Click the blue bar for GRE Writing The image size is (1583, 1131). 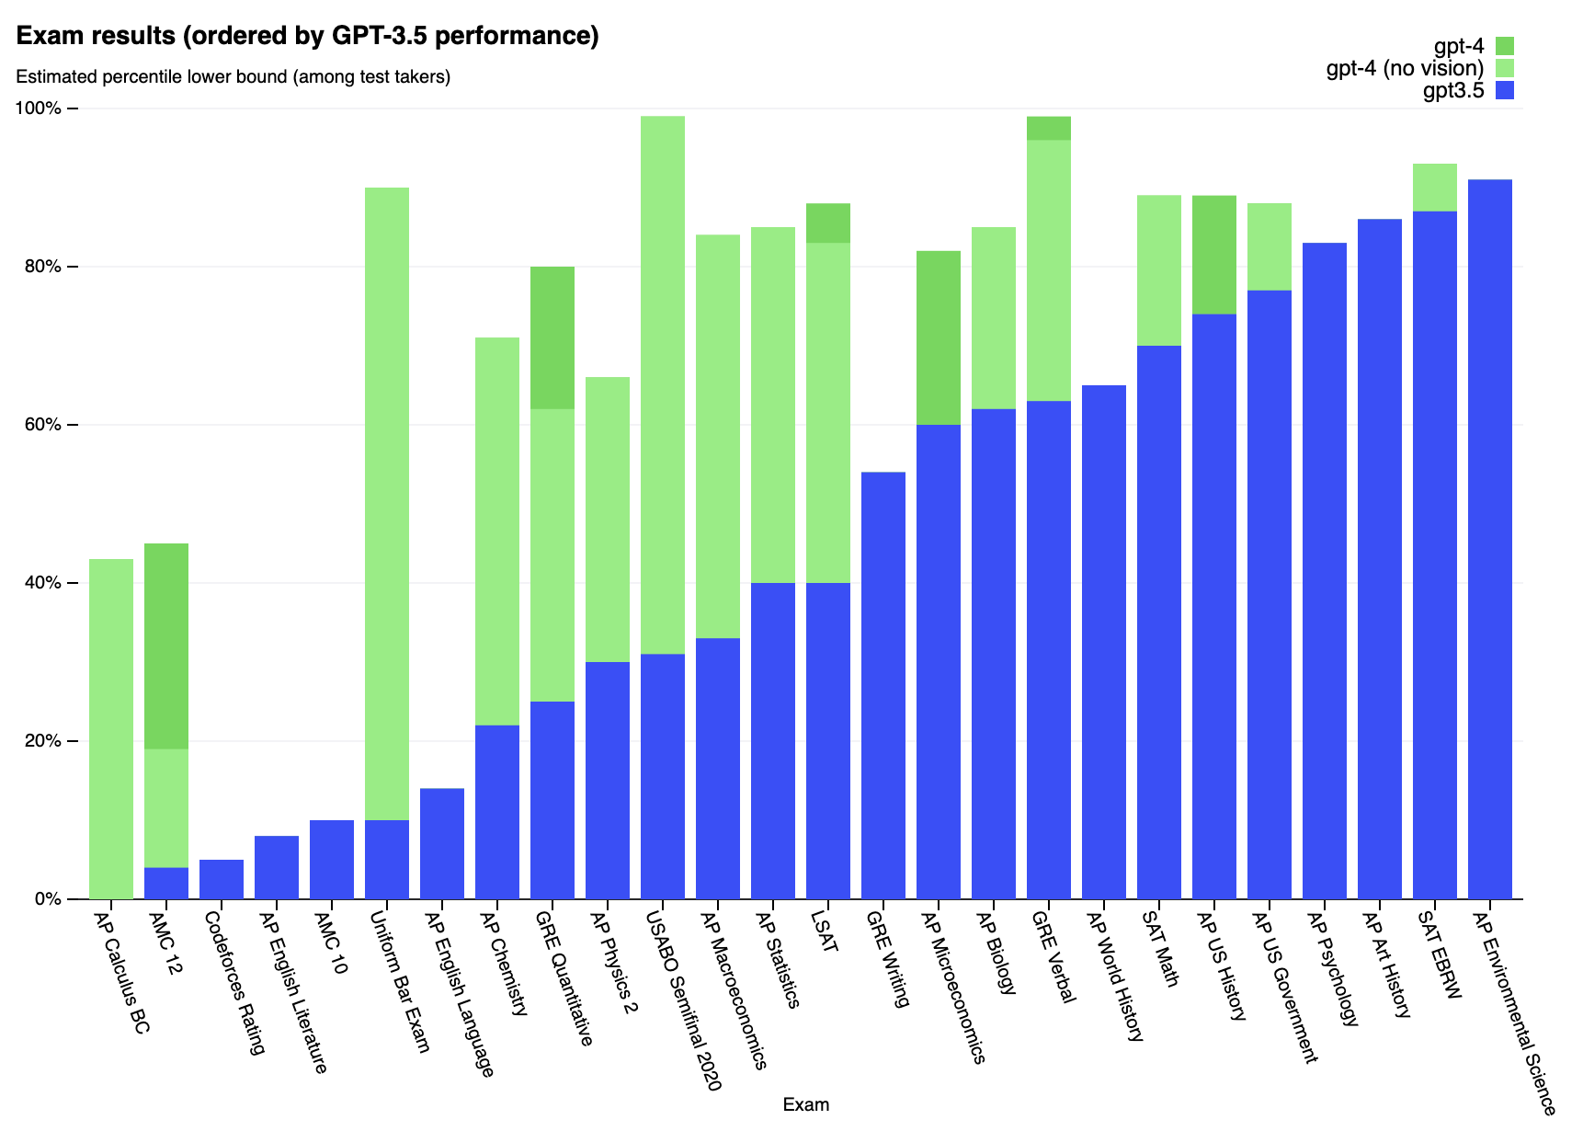[883, 685]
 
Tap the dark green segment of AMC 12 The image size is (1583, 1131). [165, 645]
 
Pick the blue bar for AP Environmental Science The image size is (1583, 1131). [1489, 539]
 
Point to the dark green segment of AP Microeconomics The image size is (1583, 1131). [938, 337]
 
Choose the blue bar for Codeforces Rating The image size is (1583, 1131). [221, 879]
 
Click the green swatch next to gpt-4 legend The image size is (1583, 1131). [1504, 46]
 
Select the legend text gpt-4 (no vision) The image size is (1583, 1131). [1405, 68]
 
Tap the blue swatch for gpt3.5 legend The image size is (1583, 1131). [1504, 90]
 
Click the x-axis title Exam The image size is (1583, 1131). [805, 1105]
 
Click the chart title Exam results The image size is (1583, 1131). [308, 36]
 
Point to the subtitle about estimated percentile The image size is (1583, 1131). [233, 77]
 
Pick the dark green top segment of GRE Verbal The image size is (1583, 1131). [1048, 128]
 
